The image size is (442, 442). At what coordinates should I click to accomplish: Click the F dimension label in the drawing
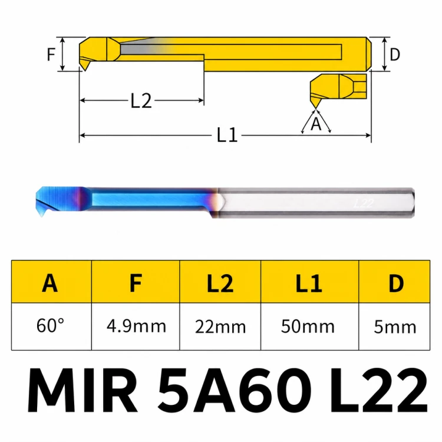(51, 54)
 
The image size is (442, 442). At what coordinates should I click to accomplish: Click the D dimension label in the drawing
(395, 54)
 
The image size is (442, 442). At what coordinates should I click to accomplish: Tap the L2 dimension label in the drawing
(141, 101)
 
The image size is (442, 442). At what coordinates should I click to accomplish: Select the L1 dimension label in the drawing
(227, 135)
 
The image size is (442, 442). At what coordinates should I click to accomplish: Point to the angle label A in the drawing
(316, 124)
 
